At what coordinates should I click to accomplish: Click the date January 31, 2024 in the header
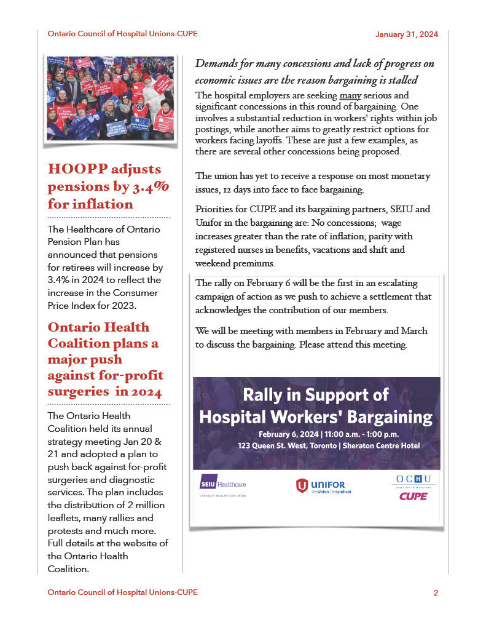(x=406, y=34)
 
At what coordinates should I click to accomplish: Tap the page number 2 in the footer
(x=436, y=593)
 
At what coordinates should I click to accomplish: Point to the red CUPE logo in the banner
(x=413, y=496)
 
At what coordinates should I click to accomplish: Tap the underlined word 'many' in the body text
(x=349, y=96)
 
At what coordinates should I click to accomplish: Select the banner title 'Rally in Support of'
(x=316, y=395)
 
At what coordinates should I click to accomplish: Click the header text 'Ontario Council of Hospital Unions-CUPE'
(x=122, y=34)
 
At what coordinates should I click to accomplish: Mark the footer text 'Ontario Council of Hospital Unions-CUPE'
(x=122, y=592)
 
